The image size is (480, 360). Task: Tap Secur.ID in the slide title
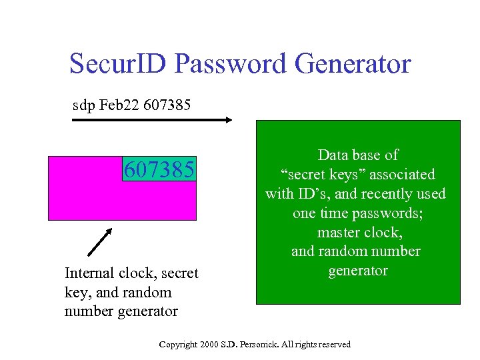click(119, 65)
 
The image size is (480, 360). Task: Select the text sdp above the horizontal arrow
click(83, 105)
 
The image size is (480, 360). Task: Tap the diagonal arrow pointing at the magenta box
click(100, 242)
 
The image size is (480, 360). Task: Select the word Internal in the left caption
click(89, 273)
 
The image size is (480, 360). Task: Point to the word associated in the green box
click(400, 175)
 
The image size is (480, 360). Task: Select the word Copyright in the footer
click(178, 344)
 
